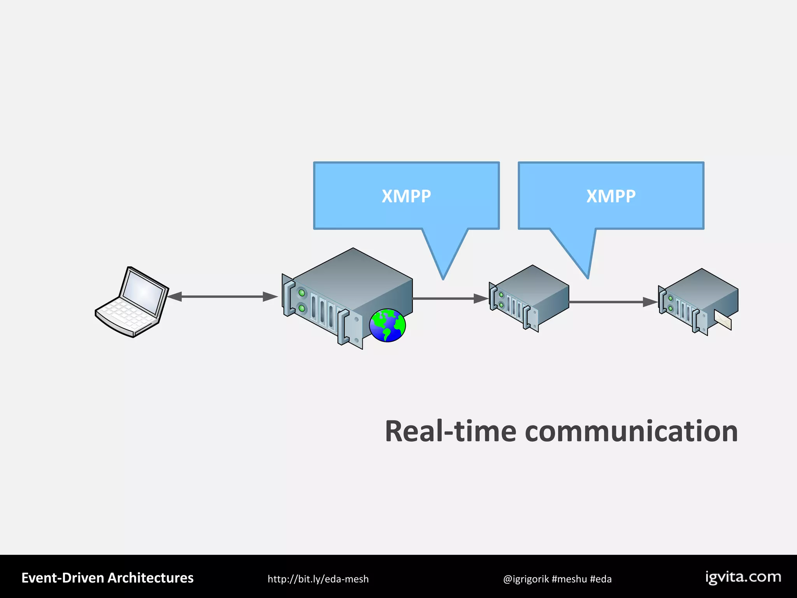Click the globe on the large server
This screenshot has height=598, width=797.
(387, 325)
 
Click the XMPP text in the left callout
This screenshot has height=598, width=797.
(406, 196)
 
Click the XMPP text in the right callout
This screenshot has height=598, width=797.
(611, 196)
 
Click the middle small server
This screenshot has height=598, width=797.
(529, 298)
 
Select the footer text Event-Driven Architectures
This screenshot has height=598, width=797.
(107, 578)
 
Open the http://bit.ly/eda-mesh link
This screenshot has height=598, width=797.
(318, 579)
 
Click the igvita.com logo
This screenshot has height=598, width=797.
(743, 577)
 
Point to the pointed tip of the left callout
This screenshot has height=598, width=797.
(443, 277)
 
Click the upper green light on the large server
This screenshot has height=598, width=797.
(302, 292)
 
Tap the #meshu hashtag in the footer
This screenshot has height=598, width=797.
(569, 579)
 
